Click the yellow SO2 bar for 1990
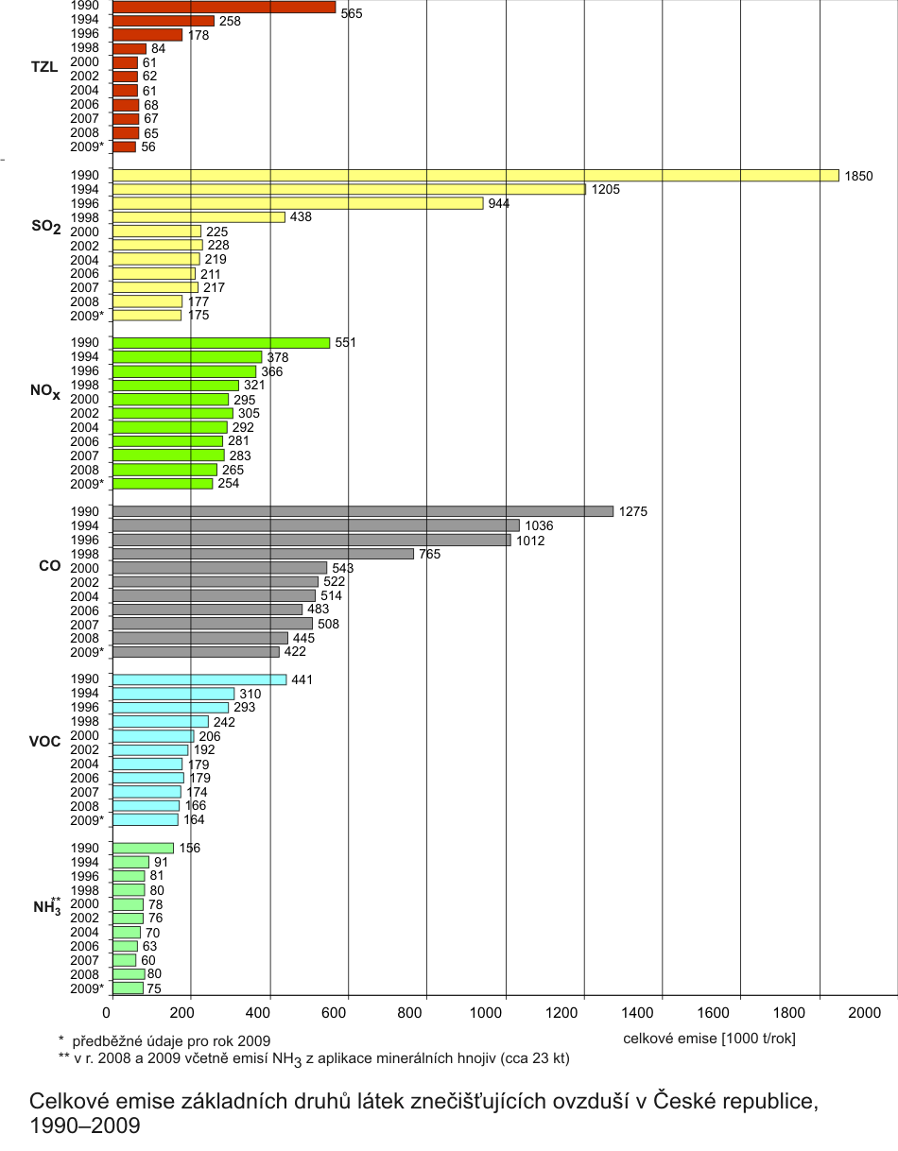point(475,175)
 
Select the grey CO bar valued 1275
point(363,511)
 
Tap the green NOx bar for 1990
point(221,343)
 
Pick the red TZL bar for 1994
point(164,21)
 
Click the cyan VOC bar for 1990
point(199,679)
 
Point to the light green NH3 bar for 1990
point(143,848)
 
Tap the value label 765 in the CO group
point(431,554)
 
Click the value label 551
point(346,343)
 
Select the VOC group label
point(45,740)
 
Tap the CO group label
point(49,566)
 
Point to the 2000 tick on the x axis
point(864,1013)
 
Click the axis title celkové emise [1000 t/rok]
point(709,1039)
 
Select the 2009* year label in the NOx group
point(87,484)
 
